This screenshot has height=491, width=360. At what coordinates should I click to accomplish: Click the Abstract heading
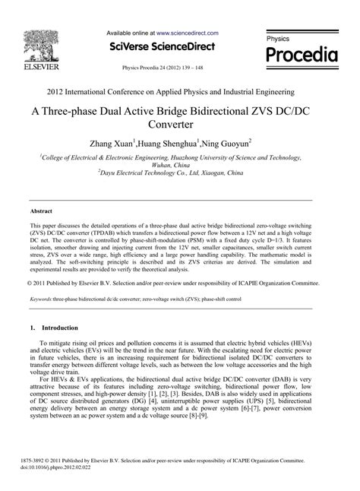tap(41, 210)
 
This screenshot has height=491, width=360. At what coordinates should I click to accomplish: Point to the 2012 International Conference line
tap(180, 90)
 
